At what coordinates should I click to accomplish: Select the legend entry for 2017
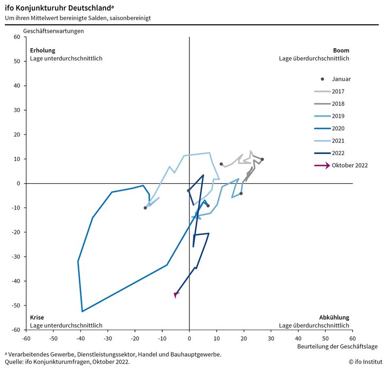tap(338, 92)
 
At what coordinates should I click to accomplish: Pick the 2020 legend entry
tap(338, 129)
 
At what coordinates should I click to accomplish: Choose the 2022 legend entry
tap(338, 153)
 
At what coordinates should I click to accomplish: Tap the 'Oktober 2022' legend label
tap(350, 166)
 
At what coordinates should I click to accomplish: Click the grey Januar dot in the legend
tap(323, 79)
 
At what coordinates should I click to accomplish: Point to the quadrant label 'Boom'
tap(341, 51)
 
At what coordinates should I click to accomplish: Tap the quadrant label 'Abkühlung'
tap(334, 318)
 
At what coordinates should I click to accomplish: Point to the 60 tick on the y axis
tap(16, 37)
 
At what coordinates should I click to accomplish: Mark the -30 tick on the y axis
tap(15, 257)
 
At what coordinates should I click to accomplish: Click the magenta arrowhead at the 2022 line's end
tap(176, 294)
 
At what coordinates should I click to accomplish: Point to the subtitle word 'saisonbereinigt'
tap(133, 18)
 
